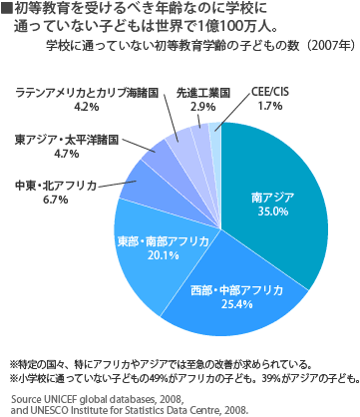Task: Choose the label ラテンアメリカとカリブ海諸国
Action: click(x=87, y=92)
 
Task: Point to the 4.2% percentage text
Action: click(x=87, y=106)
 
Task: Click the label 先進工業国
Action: click(x=201, y=92)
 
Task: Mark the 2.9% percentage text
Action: click(x=201, y=106)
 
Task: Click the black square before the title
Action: click(x=8, y=8)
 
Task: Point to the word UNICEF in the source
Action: click(x=62, y=398)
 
